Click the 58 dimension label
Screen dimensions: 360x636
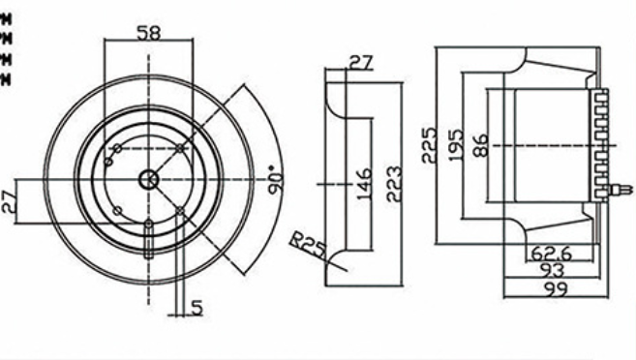pos(149,32)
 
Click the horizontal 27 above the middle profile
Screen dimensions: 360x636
pos(360,63)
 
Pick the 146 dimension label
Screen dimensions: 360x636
pos(364,181)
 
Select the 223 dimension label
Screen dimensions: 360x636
pos(394,181)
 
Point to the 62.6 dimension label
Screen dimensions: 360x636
pos(552,255)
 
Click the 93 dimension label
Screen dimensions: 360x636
pos(553,271)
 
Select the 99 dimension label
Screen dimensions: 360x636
pos(556,288)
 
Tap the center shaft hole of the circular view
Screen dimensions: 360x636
pos(148,179)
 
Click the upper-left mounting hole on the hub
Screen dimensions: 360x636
pos(116,148)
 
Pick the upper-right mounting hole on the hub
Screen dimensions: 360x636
pos(180,148)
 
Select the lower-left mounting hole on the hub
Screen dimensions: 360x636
pos(116,211)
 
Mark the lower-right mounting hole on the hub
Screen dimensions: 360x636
pos(180,210)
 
